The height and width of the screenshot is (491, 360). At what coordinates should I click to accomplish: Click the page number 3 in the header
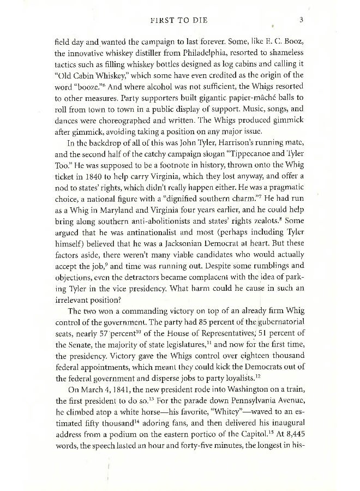tap(301, 21)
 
